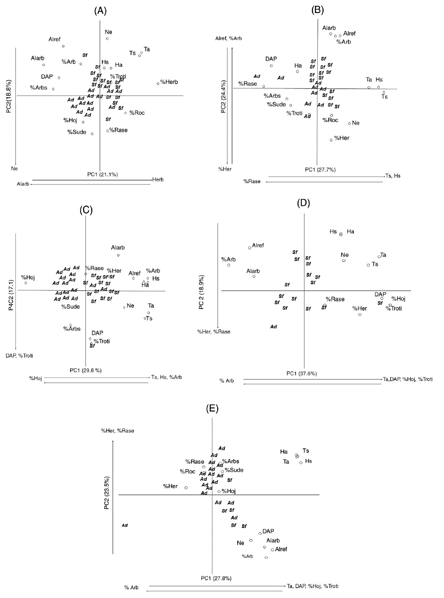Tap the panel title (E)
click(x=212, y=408)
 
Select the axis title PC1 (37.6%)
click(x=301, y=374)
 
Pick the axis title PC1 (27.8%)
click(x=216, y=578)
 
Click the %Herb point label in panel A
click(x=169, y=82)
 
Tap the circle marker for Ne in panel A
click(x=107, y=39)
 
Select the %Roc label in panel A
click(x=137, y=113)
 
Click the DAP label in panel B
click(x=271, y=59)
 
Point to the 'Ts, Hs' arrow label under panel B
click(x=393, y=176)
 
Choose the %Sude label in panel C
click(x=70, y=306)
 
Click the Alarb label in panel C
click(x=118, y=248)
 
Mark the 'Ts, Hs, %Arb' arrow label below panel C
click(x=166, y=377)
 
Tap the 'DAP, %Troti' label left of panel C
click(x=19, y=356)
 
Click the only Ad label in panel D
click(x=273, y=327)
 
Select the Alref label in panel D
click(x=258, y=245)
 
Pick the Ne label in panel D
click(x=345, y=255)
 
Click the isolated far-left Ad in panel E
click(x=125, y=525)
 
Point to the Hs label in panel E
click(x=308, y=461)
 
